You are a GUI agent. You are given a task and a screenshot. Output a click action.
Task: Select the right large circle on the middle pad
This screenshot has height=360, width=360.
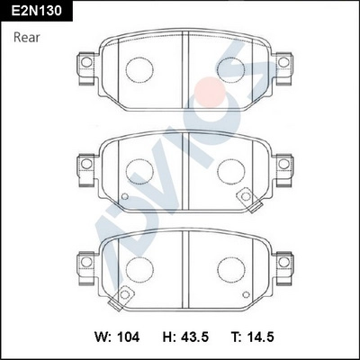coord(230,167)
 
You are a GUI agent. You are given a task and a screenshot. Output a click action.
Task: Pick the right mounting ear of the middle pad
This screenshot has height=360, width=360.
coord(283,164)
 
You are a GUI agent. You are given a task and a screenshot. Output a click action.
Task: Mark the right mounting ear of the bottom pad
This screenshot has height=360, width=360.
coord(283,263)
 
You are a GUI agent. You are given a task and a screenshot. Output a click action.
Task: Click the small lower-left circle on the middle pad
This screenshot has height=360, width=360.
coord(125,197)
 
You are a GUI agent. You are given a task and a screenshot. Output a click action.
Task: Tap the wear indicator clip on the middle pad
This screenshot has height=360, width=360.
coord(244,198)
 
